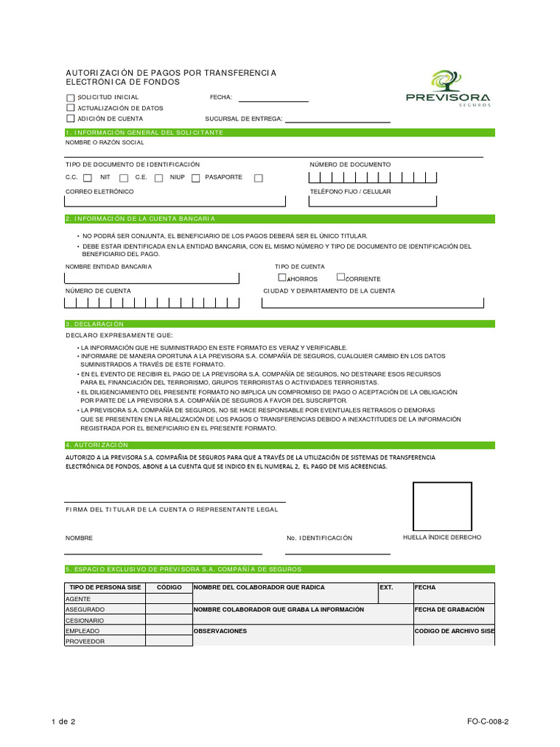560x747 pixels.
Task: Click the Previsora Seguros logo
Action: [x=448, y=88]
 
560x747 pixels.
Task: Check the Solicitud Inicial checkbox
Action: [x=70, y=98]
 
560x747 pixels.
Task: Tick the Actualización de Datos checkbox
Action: [x=70, y=108]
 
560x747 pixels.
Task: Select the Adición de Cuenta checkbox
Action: [x=70, y=118]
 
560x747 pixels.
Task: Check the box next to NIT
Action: [x=123, y=178]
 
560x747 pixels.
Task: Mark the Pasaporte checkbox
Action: [x=258, y=178]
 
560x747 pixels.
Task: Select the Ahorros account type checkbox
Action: [x=282, y=277]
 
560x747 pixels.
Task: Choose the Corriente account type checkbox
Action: [x=341, y=277]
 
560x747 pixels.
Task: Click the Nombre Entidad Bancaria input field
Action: [x=152, y=277]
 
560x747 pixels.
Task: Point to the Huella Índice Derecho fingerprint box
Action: [x=442, y=506]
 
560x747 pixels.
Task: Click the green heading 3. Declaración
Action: [x=96, y=324]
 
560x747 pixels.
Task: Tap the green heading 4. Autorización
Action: [x=98, y=445]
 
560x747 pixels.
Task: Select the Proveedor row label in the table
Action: [x=85, y=641]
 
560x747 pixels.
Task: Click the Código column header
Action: [x=168, y=587]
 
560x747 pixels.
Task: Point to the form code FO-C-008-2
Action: [x=488, y=721]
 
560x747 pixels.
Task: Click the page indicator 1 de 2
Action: [x=63, y=721]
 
